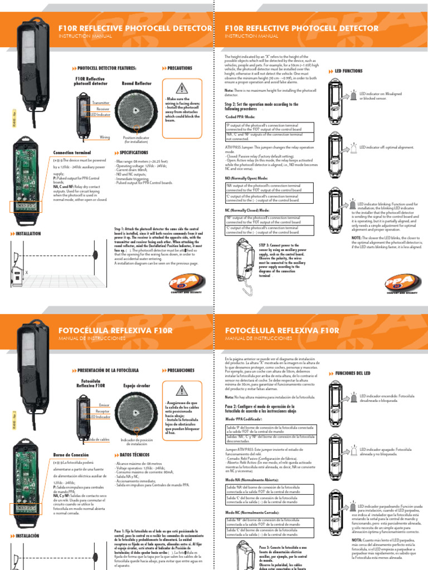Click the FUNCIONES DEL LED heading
pos(356,372)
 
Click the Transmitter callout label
pos(101,103)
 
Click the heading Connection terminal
pos(71,152)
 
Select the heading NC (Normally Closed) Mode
pos(246,211)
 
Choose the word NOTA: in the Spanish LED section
pos(357,539)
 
